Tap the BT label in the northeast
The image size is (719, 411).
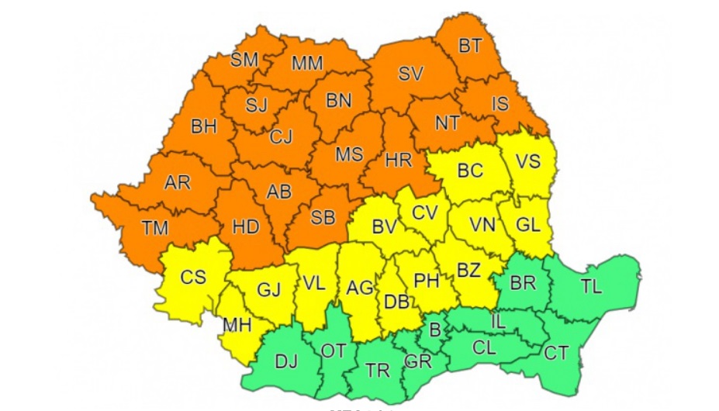click(469, 46)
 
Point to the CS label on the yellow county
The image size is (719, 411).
click(192, 277)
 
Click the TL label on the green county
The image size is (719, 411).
click(591, 286)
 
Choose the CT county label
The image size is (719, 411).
click(556, 354)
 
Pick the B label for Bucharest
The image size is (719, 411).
click(435, 331)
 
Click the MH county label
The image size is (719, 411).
click(237, 325)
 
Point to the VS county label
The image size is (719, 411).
click(527, 161)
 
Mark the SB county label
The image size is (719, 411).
click(323, 218)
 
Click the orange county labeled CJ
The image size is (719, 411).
click(281, 137)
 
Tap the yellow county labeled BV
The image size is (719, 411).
click(384, 227)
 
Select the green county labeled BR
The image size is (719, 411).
click(523, 283)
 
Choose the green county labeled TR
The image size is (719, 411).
click(378, 371)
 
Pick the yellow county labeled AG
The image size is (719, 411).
click(360, 288)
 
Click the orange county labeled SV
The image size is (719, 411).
click(410, 74)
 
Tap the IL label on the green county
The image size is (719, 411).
click(502, 319)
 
